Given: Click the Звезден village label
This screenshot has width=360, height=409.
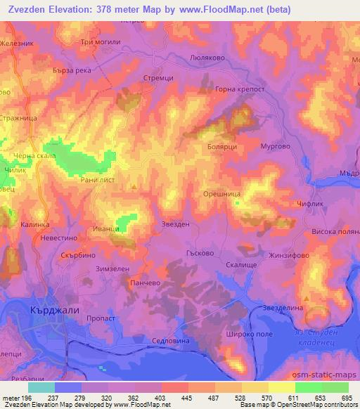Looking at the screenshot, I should (175, 224).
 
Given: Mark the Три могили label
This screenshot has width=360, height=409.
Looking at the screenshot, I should (101, 42).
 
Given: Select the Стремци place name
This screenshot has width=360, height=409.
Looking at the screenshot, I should (158, 79).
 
